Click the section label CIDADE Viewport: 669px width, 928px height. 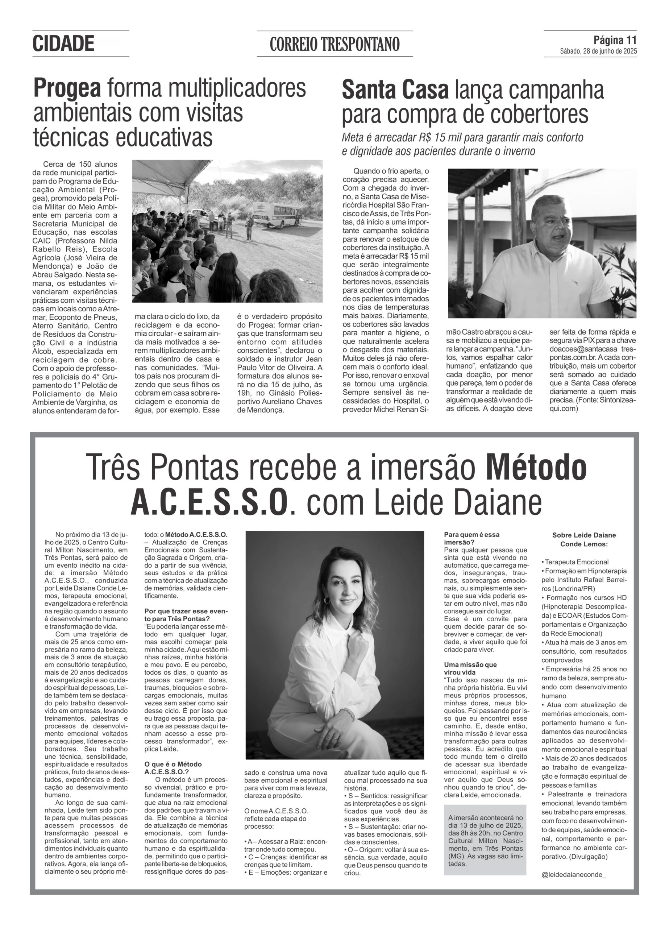tap(63, 44)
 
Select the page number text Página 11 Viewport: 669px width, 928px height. tap(615, 40)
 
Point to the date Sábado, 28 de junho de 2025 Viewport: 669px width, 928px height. tap(598, 51)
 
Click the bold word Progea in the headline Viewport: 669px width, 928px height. tap(67, 88)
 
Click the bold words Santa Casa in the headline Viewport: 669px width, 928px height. tap(395, 90)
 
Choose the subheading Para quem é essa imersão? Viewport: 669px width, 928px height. tap(471, 538)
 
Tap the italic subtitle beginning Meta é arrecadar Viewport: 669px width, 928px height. tap(462, 144)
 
